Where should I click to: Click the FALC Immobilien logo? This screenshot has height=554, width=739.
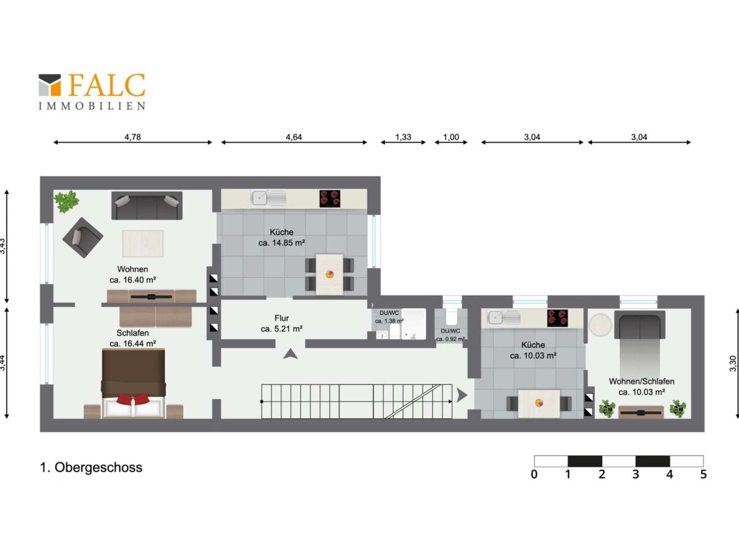[92, 92]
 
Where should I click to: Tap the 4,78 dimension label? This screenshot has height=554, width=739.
[132, 137]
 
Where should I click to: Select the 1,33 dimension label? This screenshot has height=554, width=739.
[403, 137]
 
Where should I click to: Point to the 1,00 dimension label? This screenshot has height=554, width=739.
[451, 137]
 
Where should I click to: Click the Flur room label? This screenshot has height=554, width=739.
[282, 318]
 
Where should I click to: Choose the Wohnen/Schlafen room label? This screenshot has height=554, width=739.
[641, 382]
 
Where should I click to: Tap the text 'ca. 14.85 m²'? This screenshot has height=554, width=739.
[281, 243]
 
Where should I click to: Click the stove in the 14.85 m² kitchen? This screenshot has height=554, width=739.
[329, 198]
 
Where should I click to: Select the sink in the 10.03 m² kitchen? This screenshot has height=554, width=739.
[504, 318]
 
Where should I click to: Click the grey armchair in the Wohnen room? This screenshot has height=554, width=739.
[83, 238]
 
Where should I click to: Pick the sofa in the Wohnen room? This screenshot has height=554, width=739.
[147, 206]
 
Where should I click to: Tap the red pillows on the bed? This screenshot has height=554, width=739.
[133, 399]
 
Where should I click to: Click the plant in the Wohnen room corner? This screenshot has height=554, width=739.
[67, 201]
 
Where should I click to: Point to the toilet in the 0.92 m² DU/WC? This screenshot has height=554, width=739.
[451, 317]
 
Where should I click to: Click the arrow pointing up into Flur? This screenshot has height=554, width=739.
[290, 354]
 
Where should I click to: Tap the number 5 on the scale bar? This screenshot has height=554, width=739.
[703, 474]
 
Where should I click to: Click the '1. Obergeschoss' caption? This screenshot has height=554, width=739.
[91, 467]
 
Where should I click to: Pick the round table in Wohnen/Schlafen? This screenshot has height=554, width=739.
[600, 325]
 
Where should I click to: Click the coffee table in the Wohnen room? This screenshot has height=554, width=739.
[143, 244]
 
